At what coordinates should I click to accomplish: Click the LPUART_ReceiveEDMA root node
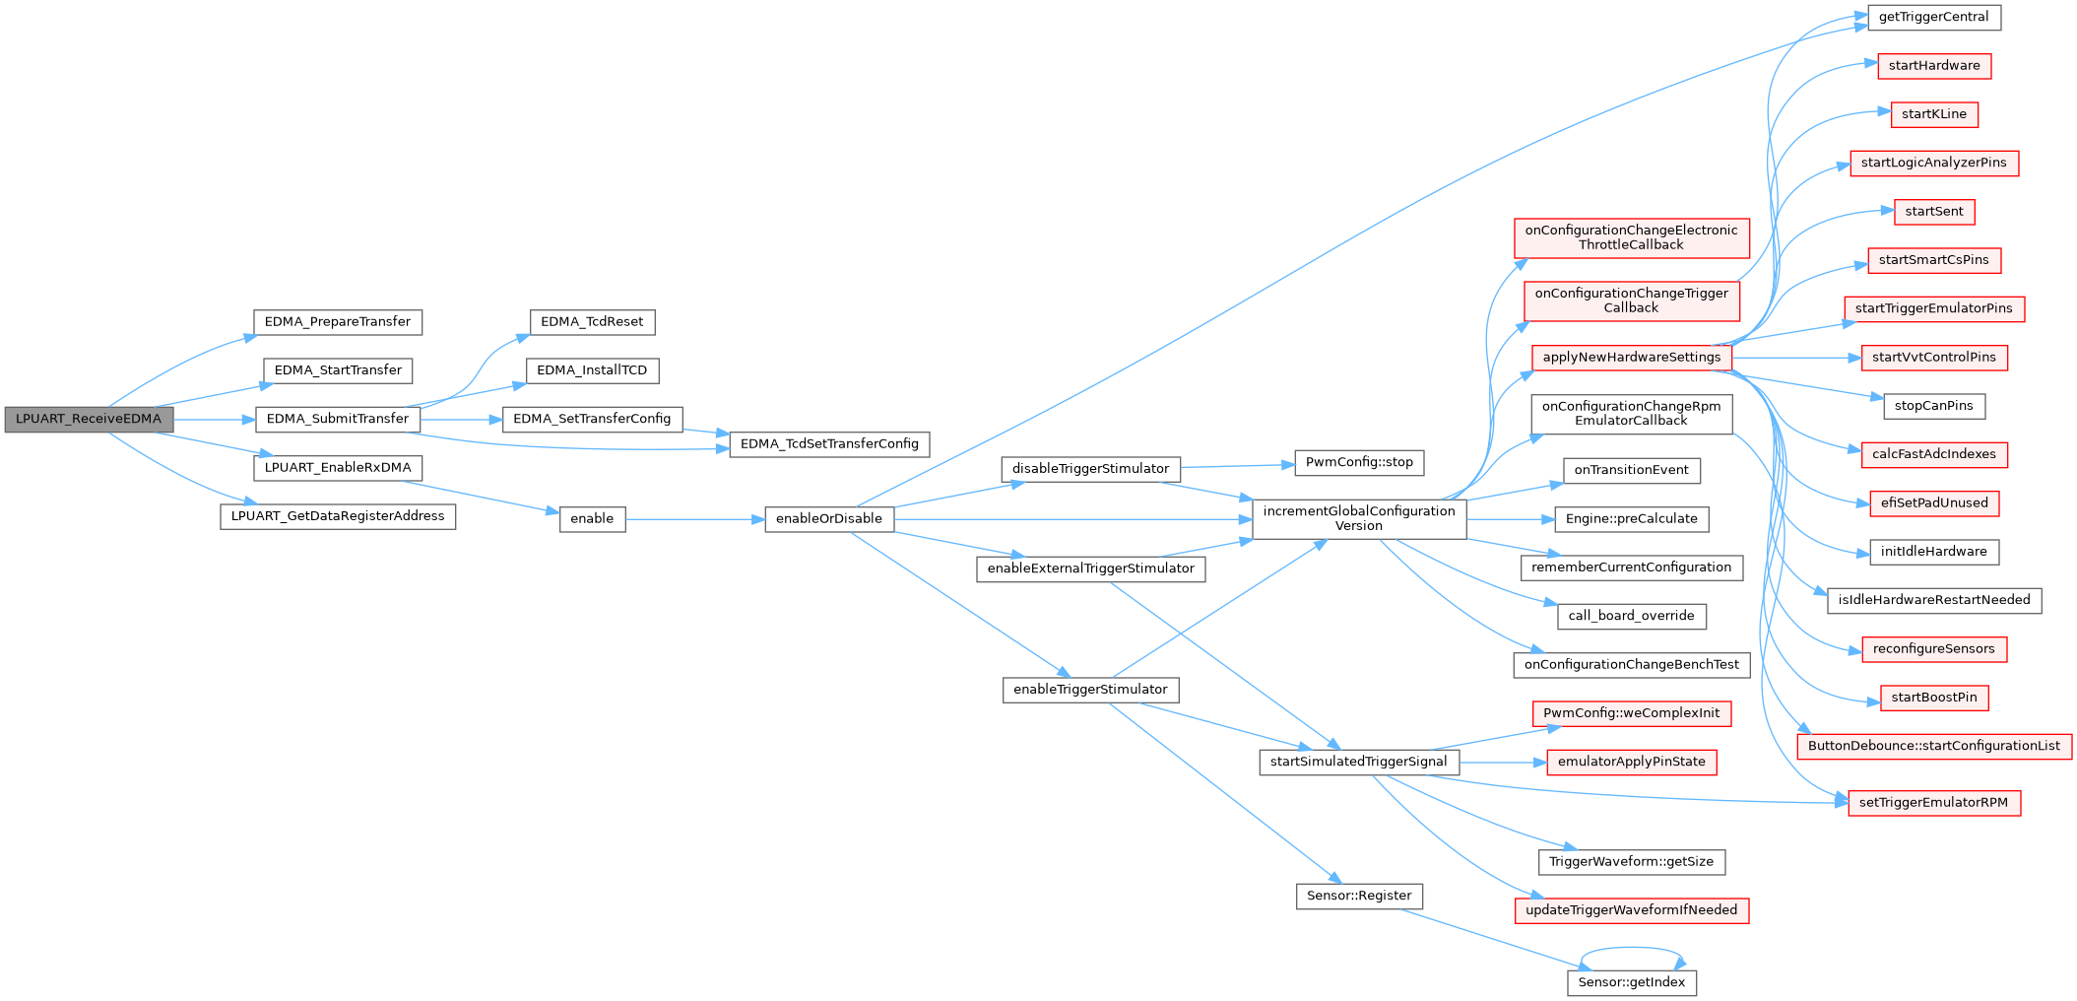(x=89, y=419)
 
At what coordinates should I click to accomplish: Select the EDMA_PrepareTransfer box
(x=338, y=322)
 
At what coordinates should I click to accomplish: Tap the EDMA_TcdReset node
(x=592, y=322)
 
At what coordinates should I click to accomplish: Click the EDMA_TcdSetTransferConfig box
(x=829, y=444)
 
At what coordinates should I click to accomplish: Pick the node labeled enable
(x=592, y=518)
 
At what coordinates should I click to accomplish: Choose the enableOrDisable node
(x=829, y=518)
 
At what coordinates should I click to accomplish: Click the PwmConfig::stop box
(x=1359, y=462)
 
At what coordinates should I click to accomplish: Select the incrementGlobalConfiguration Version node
(x=1359, y=518)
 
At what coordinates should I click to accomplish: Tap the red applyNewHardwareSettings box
(x=1632, y=358)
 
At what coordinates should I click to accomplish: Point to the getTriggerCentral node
(x=1934, y=18)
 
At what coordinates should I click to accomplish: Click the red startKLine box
(x=1934, y=114)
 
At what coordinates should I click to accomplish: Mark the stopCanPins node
(x=1934, y=406)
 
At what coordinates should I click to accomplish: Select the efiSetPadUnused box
(x=1934, y=502)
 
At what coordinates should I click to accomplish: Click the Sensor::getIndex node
(x=1632, y=982)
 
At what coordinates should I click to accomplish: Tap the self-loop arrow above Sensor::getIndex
(x=1632, y=949)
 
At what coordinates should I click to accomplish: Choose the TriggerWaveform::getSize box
(x=1631, y=862)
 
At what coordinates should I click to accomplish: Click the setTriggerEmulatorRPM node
(x=1934, y=803)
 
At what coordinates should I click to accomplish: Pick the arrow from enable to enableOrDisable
(x=694, y=518)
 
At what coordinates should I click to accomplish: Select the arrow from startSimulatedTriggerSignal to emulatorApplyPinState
(x=1502, y=763)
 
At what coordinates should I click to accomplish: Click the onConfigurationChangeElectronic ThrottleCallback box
(x=1631, y=237)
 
